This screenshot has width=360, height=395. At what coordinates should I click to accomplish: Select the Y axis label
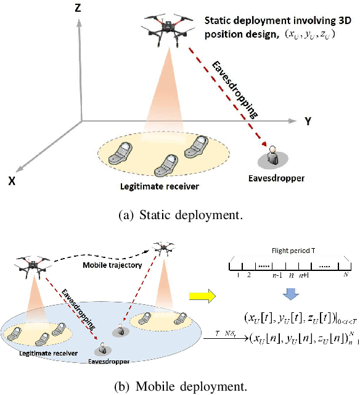pos(308,121)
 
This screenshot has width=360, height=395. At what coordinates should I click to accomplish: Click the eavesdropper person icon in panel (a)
pos(271,156)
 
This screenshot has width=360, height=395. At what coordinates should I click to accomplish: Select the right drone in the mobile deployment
pos(163,249)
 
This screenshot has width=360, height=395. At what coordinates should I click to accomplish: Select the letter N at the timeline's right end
pos(346,273)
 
